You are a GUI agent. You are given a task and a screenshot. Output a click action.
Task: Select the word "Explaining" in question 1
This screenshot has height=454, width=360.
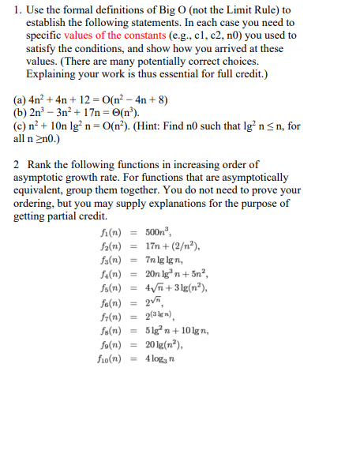coord(55,73)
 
